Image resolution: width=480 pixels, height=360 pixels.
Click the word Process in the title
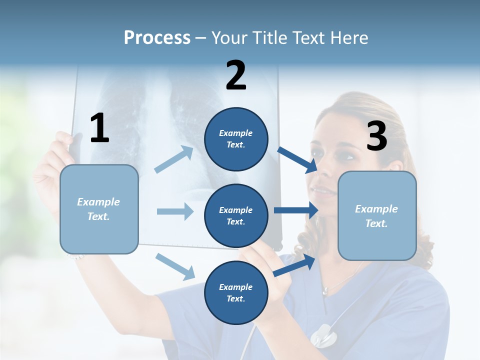coord(157,38)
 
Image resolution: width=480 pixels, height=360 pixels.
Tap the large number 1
coord(99,128)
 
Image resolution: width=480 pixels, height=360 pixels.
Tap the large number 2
coord(236,75)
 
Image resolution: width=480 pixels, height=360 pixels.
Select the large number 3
coord(376,136)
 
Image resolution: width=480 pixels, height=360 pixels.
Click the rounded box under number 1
coord(99,209)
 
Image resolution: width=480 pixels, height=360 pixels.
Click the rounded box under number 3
coord(377,216)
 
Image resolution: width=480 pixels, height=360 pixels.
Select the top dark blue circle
coord(236,139)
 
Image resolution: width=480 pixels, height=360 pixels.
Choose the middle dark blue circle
coord(236,216)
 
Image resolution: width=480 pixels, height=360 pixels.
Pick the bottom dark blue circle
coord(236,292)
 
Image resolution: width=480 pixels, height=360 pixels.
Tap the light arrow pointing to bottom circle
coord(175,266)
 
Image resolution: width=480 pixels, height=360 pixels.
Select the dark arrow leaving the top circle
coord(298,159)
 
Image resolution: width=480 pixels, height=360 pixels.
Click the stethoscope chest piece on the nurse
coord(322,335)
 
